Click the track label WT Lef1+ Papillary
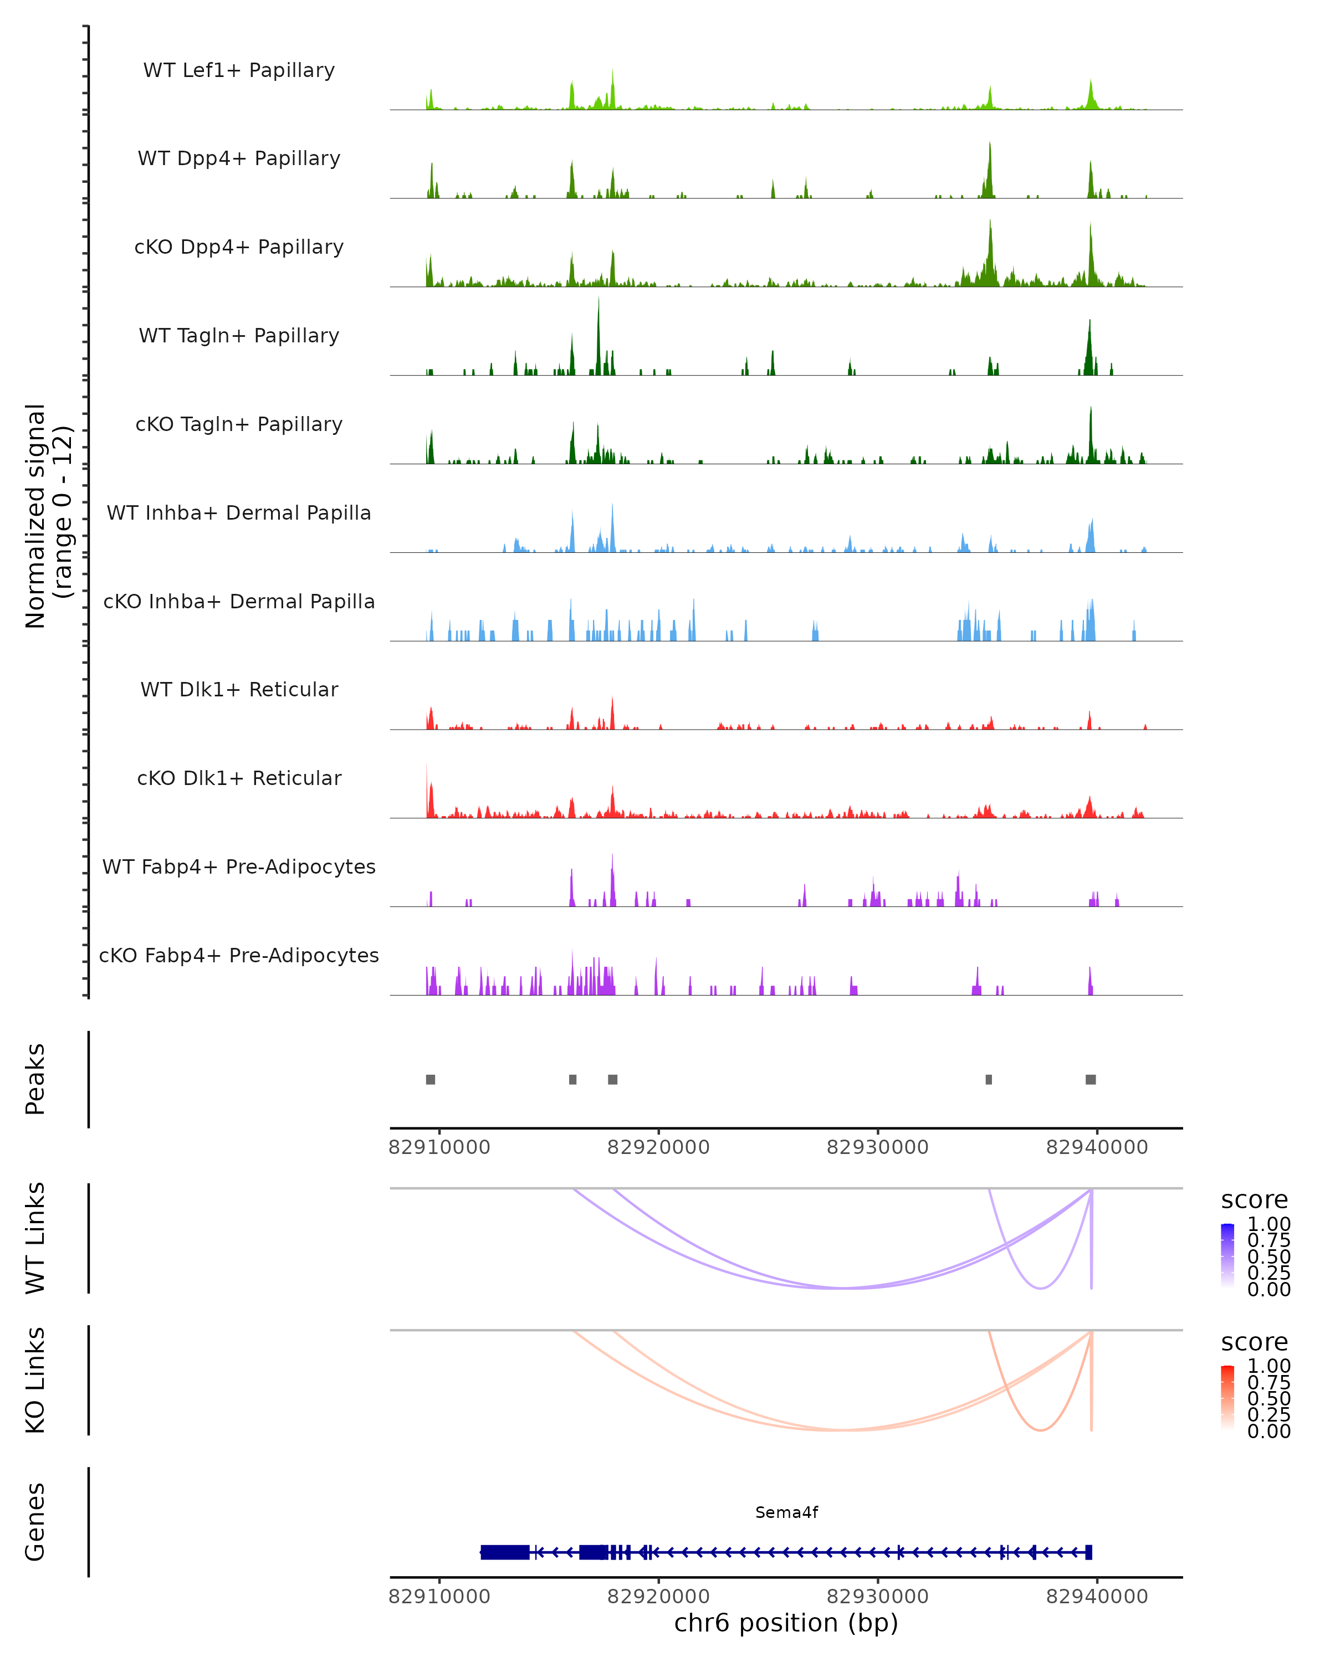coord(239,70)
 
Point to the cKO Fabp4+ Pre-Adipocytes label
coord(239,955)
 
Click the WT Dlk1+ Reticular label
coord(239,689)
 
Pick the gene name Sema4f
coord(786,1512)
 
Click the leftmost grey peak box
coord(430,1079)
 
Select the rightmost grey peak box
coord(1090,1079)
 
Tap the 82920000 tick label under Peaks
coord(658,1147)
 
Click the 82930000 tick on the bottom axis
coord(877,1597)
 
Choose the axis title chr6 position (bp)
coord(786,1623)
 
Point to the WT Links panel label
coord(35,1238)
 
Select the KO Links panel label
coord(35,1380)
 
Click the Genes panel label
coord(35,1522)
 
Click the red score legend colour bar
coord(1227,1397)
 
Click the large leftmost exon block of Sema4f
coord(505,1552)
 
